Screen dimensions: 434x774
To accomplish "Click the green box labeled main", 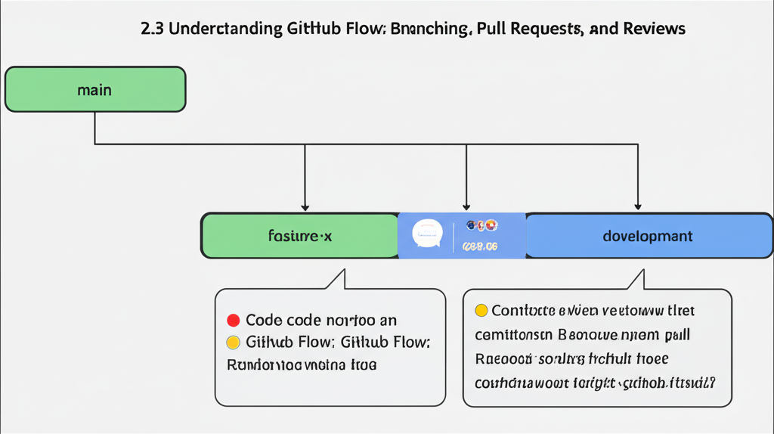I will pos(95,90).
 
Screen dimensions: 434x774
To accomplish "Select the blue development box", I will pos(649,236).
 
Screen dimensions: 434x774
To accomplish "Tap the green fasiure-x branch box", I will pos(299,236).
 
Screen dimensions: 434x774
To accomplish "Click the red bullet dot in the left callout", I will pos(233,321).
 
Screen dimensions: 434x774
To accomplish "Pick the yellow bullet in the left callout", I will pos(233,342).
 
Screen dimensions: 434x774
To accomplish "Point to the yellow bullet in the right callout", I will pos(481,311).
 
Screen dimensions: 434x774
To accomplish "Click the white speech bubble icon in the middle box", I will pos(426,234).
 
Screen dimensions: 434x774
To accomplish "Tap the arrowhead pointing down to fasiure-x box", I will pos(305,206).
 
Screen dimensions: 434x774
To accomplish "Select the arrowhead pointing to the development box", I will pos(638,206).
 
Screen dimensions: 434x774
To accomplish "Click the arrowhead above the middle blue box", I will pos(466,206).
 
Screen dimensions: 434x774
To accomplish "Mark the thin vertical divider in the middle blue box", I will pos(454,236).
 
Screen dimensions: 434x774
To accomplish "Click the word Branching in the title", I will pos(432,29).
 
